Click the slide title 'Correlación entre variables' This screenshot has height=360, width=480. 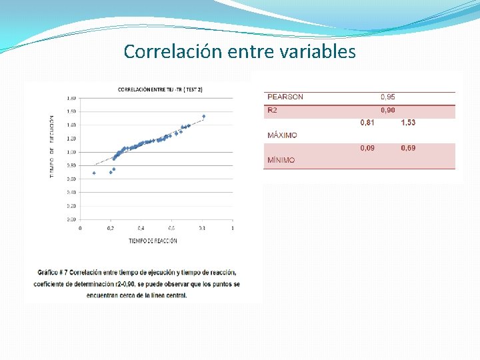[x=239, y=51]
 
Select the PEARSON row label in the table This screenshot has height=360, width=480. [x=285, y=97]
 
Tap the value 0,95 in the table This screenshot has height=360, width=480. [x=387, y=97]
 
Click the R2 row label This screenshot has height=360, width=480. [x=273, y=110]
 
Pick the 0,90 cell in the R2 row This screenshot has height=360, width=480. [x=387, y=110]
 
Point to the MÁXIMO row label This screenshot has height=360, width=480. [x=282, y=135]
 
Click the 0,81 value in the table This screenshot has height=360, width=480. [x=367, y=123]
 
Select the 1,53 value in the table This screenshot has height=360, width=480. [x=408, y=123]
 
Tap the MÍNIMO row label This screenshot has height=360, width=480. [x=281, y=160]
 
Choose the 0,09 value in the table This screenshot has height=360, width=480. [x=367, y=148]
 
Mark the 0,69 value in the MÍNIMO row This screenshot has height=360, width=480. [x=408, y=148]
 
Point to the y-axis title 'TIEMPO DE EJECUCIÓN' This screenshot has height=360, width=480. [x=52, y=147]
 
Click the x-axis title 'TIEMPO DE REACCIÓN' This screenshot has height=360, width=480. [x=153, y=241]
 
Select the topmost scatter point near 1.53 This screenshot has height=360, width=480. [x=203, y=117]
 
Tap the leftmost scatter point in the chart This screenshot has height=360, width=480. [x=94, y=173]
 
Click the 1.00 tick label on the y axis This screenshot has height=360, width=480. [x=71, y=152]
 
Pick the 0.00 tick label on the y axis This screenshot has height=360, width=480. [x=71, y=219]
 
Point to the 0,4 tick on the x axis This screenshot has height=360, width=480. [x=141, y=228]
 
